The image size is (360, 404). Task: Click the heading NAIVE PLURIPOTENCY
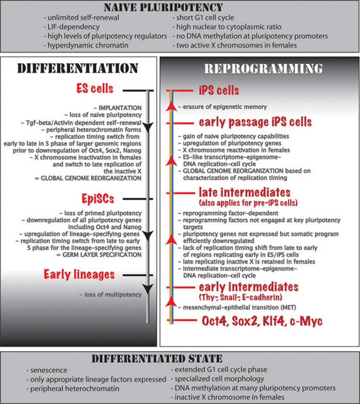coord(180,7)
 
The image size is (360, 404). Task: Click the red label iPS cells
coord(219,91)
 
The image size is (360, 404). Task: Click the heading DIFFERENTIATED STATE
coord(180,359)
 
